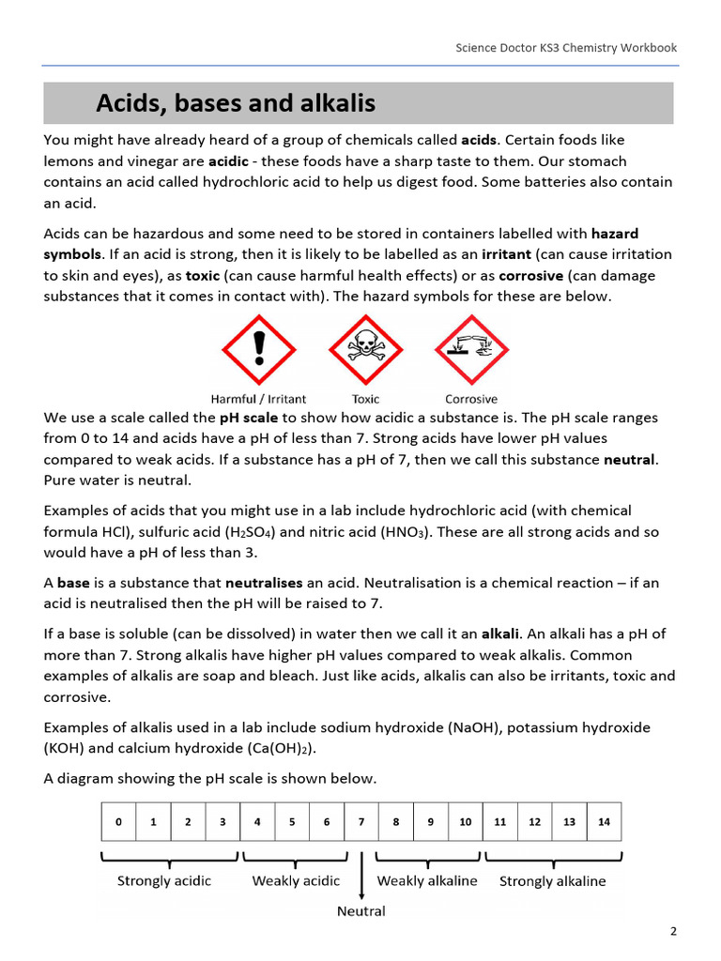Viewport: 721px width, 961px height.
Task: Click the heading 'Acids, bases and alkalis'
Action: click(235, 102)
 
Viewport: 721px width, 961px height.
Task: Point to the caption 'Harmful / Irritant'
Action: click(258, 399)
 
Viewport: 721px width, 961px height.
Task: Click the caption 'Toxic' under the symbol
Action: click(365, 399)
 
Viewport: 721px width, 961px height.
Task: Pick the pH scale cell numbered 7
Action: click(361, 822)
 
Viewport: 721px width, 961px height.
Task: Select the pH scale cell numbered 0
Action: click(118, 822)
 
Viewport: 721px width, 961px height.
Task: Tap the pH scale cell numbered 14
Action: click(604, 822)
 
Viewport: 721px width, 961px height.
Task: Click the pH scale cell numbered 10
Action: click(465, 822)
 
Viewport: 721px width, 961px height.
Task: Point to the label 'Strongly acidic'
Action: click(164, 881)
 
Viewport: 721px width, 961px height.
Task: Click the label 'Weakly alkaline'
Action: click(427, 881)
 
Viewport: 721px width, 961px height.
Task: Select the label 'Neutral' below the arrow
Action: click(361, 910)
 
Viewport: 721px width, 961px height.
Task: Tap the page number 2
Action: click(673, 932)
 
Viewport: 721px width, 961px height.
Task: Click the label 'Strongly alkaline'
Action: click(552, 881)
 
